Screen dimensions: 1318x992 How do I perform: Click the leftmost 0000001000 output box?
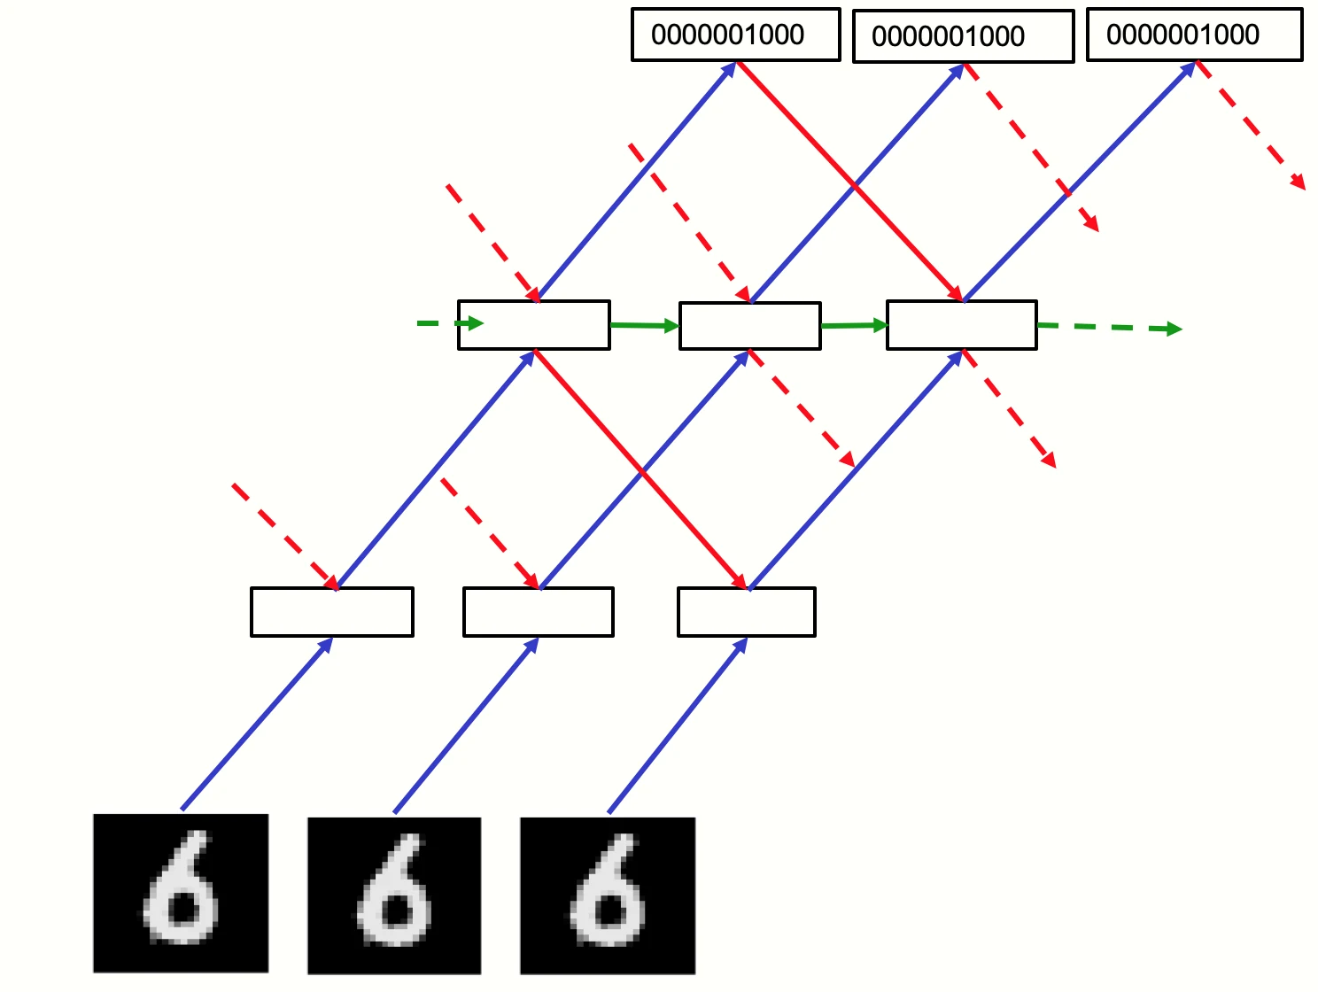coord(735,35)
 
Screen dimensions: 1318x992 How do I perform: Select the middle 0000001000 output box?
coord(963,36)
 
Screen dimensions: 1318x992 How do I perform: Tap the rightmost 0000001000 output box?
coord(1194,35)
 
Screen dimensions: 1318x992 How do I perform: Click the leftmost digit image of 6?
coord(181,893)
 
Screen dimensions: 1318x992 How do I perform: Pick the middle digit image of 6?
coord(394,895)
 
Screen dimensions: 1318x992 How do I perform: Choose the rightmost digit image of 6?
coord(608,895)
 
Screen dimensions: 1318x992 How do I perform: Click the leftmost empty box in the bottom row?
coord(332,612)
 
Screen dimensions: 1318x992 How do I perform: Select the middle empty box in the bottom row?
coord(539,612)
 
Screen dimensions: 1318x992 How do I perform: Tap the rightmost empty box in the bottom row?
coord(747,612)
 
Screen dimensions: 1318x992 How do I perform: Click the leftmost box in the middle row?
coord(534,325)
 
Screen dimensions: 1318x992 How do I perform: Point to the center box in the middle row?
coord(750,326)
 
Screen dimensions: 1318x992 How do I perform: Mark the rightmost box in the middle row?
coord(961,325)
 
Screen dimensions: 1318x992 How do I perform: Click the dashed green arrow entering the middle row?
coord(450,323)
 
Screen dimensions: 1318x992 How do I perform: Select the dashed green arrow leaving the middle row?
coord(1110,327)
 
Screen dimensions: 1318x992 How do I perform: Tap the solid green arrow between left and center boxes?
coord(645,325)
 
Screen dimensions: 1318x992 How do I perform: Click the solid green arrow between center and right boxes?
coord(854,325)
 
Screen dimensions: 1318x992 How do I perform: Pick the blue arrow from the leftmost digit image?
coord(257,724)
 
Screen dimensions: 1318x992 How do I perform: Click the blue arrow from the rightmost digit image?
coord(678,725)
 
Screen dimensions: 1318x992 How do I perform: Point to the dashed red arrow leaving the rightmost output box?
coord(1250,125)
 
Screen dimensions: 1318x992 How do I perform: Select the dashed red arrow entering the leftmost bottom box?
coord(286,537)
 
